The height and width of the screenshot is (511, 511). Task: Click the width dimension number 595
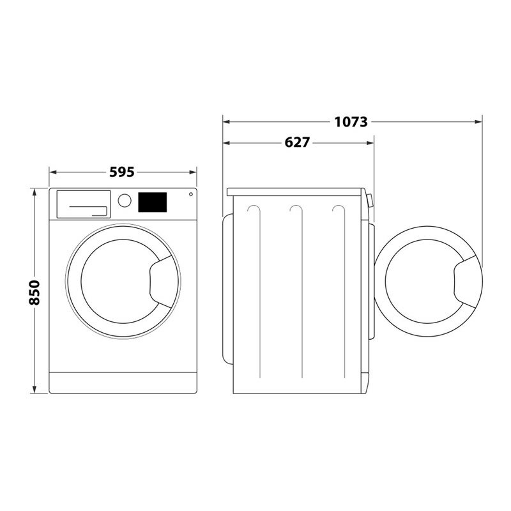tap(122, 172)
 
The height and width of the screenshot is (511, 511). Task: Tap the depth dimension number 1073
tap(351, 121)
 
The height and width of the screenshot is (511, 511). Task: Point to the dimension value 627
tap(296, 142)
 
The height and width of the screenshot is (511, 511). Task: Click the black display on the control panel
tap(152, 202)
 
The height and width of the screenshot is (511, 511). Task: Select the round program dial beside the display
tap(125, 201)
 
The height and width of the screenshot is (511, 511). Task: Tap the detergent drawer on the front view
tap(83, 204)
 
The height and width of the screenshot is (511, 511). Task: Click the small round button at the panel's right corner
tap(190, 194)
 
